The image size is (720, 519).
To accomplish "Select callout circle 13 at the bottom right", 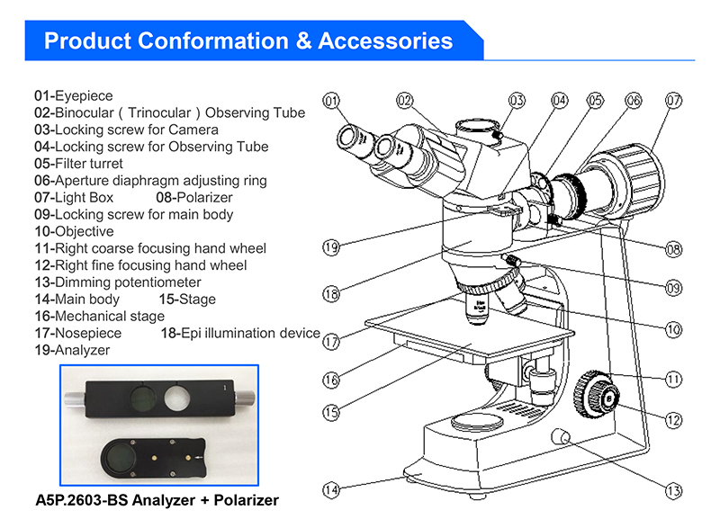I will click(673, 491).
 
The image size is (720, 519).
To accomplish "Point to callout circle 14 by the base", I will click(331, 490).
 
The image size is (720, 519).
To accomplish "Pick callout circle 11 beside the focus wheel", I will click(673, 379).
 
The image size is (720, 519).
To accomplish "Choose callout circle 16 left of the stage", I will click(331, 380).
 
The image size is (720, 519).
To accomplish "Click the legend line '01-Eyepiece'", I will click(74, 95).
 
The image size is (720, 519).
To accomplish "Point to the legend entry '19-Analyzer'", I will click(72, 350).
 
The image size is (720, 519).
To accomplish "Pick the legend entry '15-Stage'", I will click(187, 300).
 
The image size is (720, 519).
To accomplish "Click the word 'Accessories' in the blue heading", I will click(385, 40).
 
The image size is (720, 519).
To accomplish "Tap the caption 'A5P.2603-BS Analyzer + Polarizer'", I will click(157, 499).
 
